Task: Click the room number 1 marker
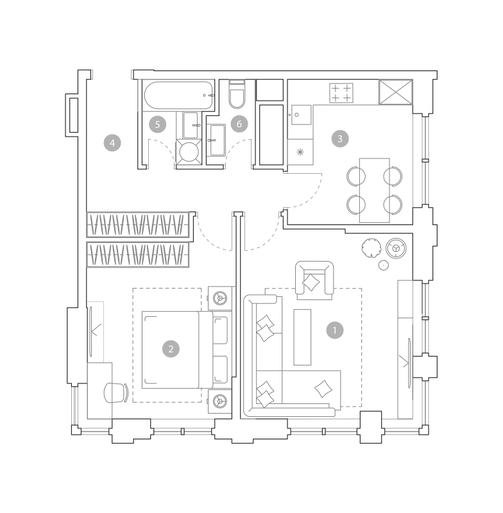coord(335,330)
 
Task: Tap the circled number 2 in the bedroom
coord(171,349)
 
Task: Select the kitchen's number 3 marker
coord(340,139)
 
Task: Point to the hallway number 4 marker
coord(112,143)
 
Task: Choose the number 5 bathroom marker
coord(157,124)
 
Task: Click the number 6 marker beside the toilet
coord(239,124)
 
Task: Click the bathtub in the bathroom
coord(179,95)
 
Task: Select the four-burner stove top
coord(341,93)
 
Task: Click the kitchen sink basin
coord(301,115)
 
